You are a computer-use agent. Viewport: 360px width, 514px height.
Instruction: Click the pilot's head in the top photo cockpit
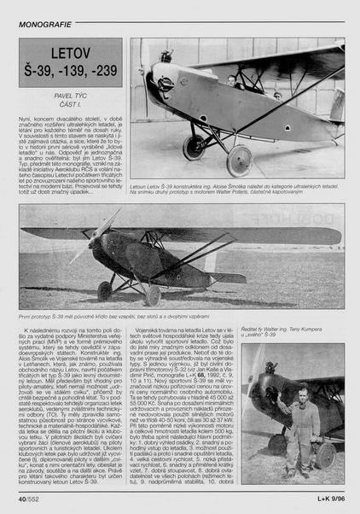(x=232, y=80)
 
